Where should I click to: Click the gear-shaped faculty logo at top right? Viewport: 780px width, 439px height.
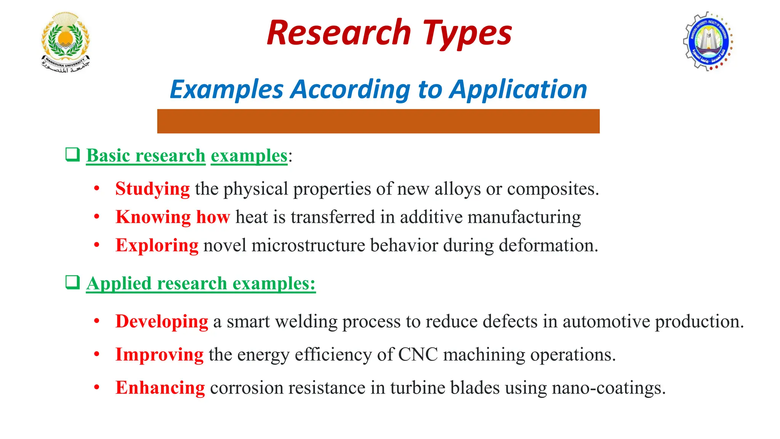coord(708,41)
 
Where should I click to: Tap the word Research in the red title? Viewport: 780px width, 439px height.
coord(339,33)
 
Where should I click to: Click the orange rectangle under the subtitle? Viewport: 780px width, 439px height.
coord(378,121)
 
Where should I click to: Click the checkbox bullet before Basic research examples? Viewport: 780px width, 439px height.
coord(72,155)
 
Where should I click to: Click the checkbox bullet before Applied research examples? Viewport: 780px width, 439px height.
coord(72,282)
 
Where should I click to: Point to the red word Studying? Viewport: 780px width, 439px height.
coord(152,189)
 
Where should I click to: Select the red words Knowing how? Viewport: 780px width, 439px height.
coord(173,217)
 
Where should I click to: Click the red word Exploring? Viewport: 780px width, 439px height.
coord(157,245)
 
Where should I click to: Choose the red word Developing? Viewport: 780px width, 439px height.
coord(161,321)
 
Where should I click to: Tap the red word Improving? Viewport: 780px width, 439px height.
coord(159,354)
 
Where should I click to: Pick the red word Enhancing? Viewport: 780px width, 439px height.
coord(160,388)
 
